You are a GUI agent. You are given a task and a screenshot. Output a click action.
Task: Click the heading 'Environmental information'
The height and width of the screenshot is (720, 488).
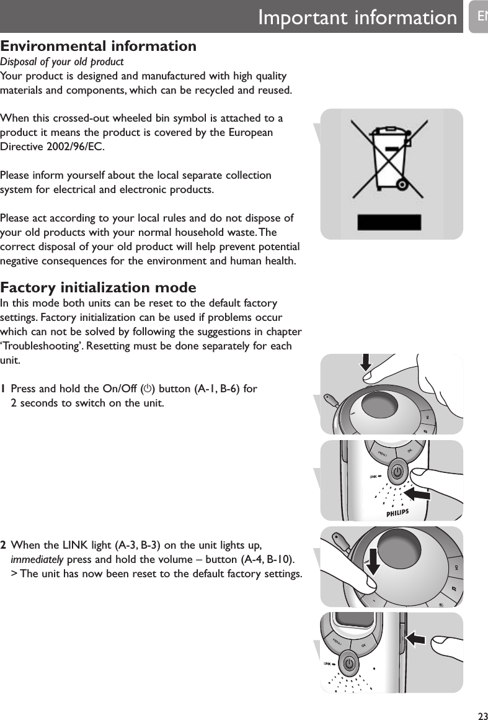(99, 46)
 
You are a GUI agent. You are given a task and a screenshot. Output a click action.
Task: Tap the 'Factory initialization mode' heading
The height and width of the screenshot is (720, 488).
(99, 288)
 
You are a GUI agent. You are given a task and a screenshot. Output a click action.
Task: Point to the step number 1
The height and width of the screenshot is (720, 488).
(4, 389)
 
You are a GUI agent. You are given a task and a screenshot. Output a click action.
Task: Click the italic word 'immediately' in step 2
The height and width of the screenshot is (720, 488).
(37, 559)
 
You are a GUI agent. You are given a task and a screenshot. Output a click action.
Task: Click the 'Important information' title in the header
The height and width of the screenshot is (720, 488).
(357, 17)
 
